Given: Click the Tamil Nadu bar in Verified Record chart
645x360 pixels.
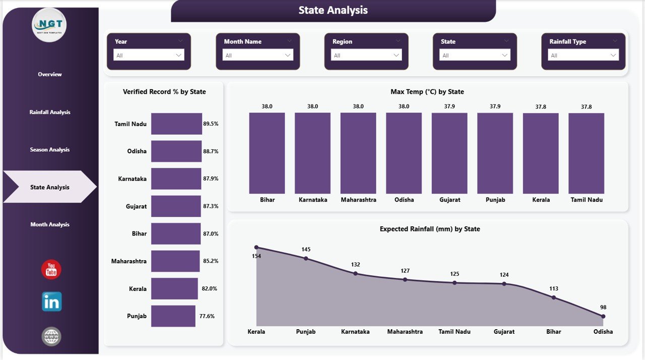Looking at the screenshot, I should click(x=176, y=124).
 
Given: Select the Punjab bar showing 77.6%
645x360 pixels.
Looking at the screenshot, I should click(x=173, y=316).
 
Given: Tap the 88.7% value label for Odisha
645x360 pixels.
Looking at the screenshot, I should click(x=211, y=151).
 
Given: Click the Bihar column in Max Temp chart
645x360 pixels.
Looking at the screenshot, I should click(x=267, y=153).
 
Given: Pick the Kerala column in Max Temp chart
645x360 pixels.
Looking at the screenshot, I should click(x=541, y=153).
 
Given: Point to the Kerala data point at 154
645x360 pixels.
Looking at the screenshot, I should click(x=256, y=248).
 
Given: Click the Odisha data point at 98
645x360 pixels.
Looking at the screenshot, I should click(x=603, y=317).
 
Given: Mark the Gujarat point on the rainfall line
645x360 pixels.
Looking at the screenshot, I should click(x=504, y=284).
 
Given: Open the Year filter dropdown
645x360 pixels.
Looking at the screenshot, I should click(x=149, y=55).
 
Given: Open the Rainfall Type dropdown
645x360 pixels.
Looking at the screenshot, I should click(x=584, y=55).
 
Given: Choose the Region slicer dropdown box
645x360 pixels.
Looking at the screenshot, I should click(x=366, y=55).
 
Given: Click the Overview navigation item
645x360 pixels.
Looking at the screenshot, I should click(x=50, y=75).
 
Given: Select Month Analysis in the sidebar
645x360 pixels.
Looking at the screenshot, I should click(x=50, y=225).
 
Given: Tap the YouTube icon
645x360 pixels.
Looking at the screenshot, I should click(x=51, y=270).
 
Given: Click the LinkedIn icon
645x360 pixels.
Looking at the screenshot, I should click(x=51, y=302).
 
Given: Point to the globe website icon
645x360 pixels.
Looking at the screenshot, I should click(x=51, y=336).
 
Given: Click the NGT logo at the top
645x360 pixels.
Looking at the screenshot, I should click(x=49, y=25).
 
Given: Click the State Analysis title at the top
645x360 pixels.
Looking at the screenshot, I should click(x=333, y=10).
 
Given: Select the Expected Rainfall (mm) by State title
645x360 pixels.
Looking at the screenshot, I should click(x=429, y=229).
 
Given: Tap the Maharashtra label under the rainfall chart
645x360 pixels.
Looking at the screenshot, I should click(x=405, y=332).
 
